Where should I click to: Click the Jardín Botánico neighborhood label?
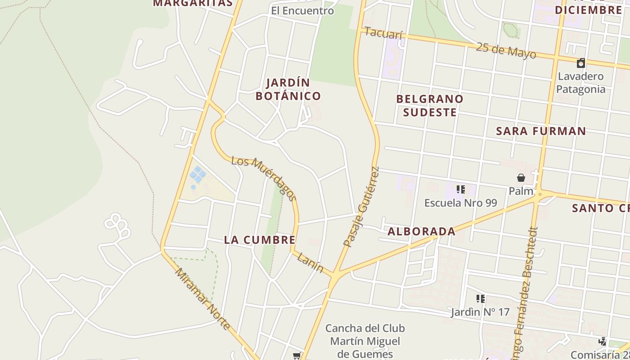(288, 89)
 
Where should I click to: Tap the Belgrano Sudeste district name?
(430, 105)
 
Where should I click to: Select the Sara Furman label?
(541, 131)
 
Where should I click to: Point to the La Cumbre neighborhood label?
(260, 240)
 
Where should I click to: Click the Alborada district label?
(421, 231)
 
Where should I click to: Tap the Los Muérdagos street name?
(264, 179)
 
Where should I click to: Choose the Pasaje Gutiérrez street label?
(361, 207)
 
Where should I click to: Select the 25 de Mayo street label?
(506, 50)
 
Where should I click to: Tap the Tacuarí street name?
(383, 33)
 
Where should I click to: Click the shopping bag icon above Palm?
(521, 178)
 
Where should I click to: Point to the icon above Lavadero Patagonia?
(581, 63)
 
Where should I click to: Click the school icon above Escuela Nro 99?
(460, 189)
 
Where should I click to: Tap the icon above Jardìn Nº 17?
(480, 298)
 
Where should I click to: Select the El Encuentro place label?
(302, 10)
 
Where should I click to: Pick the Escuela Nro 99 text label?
(460, 203)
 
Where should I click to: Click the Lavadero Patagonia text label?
(580, 82)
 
